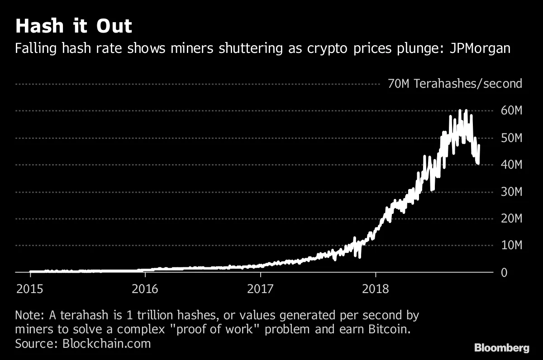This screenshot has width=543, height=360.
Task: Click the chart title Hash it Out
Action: click(x=73, y=26)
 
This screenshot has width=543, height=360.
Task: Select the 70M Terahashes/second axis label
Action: click(x=455, y=84)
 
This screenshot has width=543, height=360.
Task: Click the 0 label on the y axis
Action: click(x=504, y=273)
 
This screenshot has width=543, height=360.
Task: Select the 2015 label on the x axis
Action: click(x=30, y=289)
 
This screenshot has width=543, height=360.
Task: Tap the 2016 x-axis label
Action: click(x=145, y=289)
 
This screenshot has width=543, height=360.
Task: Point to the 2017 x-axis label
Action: click(x=260, y=289)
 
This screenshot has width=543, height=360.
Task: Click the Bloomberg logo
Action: click(x=501, y=348)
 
